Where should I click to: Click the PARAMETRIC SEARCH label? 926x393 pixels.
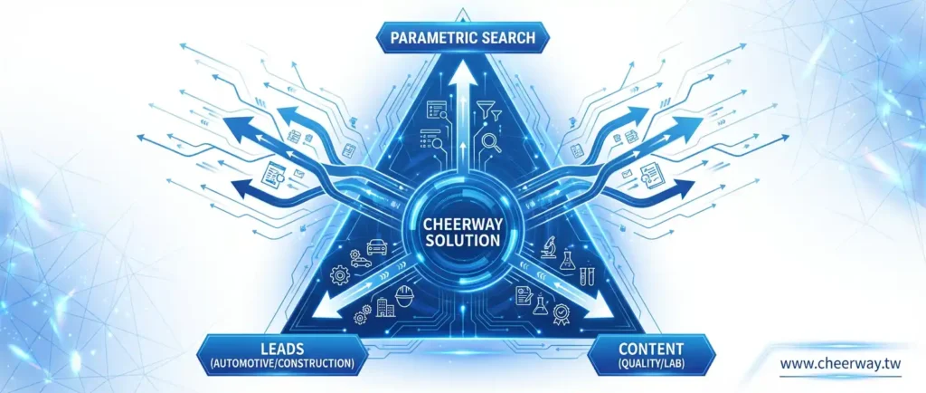click(x=462, y=38)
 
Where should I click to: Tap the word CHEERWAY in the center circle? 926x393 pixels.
click(x=462, y=225)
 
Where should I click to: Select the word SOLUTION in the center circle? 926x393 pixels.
click(x=462, y=241)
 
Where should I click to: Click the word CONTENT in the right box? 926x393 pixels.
click(x=651, y=348)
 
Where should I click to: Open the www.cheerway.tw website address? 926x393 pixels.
click(x=840, y=363)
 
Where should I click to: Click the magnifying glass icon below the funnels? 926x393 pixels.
click(x=491, y=143)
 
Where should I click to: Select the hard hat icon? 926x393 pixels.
click(x=404, y=295)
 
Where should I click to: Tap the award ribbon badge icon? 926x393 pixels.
click(x=561, y=314)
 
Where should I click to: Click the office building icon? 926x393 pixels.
click(x=385, y=307)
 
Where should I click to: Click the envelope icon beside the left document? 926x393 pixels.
click(x=298, y=174)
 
